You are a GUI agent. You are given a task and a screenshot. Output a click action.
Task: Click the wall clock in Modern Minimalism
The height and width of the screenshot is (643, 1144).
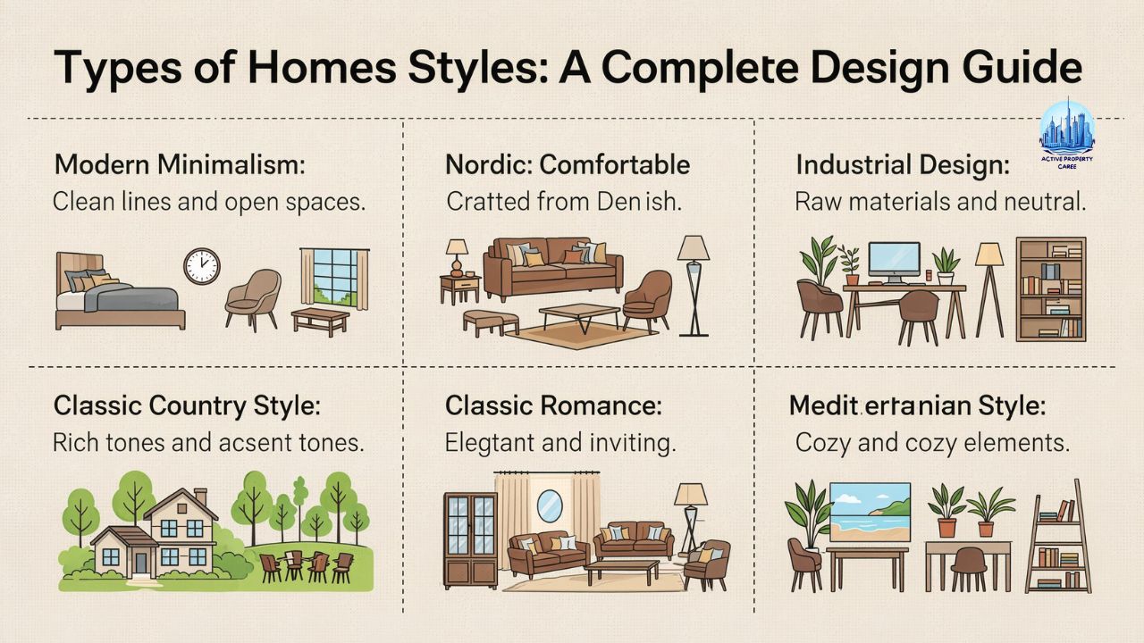[201, 266]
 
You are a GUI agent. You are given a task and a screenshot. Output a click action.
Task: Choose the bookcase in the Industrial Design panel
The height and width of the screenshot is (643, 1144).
[1051, 288]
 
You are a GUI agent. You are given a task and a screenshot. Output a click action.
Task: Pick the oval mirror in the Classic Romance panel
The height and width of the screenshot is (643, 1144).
[549, 506]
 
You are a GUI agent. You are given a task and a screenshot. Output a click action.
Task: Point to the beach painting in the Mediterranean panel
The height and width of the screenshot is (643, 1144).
[870, 513]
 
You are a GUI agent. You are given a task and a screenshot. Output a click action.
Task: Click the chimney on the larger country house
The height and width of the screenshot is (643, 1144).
[200, 496]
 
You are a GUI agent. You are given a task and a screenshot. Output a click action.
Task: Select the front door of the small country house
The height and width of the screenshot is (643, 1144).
[140, 560]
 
